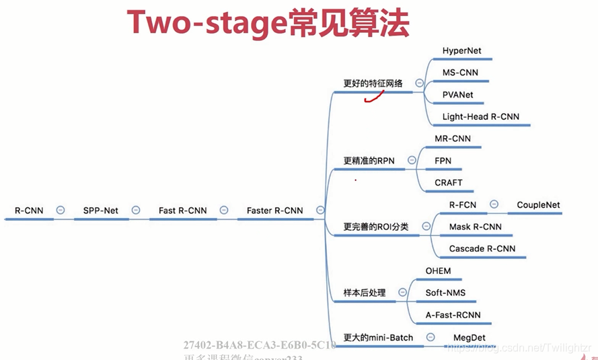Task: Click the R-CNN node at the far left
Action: click(x=29, y=211)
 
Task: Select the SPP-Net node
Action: click(x=100, y=211)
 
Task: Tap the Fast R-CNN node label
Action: click(x=182, y=211)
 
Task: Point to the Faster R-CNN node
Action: click(x=274, y=211)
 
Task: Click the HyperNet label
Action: click(x=461, y=51)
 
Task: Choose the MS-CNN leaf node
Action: click(x=460, y=73)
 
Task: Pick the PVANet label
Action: click(x=457, y=95)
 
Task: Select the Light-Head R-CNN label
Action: click(x=480, y=117)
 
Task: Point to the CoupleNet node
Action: click(x=538, y=205)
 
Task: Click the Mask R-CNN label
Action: click(x=475, y=227)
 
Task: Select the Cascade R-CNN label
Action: click(x=482, y=249)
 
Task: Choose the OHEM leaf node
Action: click(x=438, y=271)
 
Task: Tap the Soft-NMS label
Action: click(x=445, y=293)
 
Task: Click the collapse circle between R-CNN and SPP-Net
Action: click(x=61, y=211)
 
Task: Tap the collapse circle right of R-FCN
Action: click(x=494, y=205)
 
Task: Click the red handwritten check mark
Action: click(x=373, y=98)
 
